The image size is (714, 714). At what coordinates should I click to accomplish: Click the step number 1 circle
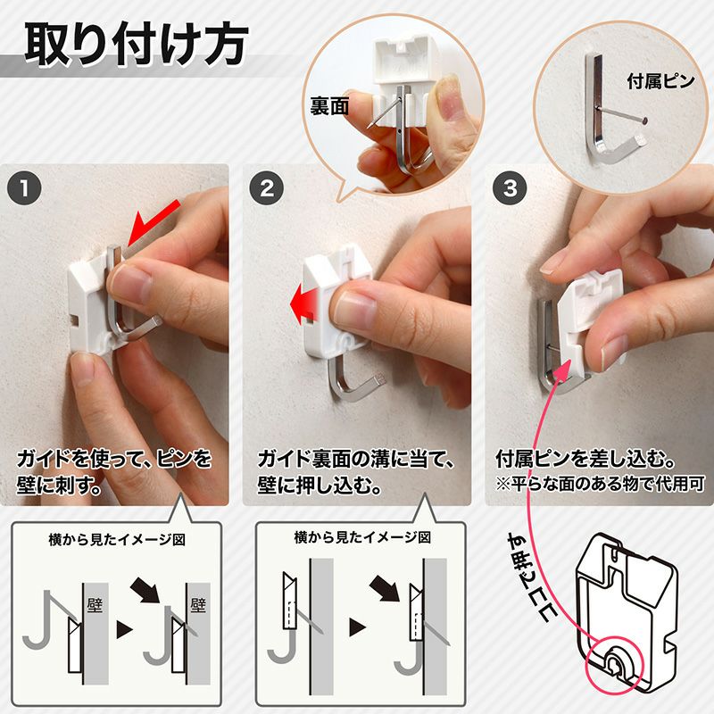[25, 188]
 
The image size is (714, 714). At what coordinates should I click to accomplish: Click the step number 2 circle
[267, 188]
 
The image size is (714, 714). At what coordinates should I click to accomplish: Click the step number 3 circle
[511, 188]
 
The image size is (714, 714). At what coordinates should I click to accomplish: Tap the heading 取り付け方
[137, 44]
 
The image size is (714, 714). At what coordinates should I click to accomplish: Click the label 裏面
[329, 106]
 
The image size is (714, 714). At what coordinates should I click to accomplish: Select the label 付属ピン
[660, 81]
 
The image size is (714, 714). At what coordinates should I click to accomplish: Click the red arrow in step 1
[153, 224]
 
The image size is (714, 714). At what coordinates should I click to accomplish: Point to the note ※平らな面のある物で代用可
[600, 484]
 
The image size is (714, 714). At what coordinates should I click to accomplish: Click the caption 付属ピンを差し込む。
[585, 459]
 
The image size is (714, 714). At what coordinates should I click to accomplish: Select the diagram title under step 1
[117, 540]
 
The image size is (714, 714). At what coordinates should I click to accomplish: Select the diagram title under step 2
[362, 538]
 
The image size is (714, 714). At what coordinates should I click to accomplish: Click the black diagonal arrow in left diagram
[145, 591]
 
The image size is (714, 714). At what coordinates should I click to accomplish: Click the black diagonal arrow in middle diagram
[385, 588]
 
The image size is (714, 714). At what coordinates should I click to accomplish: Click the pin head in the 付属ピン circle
[644, 120]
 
